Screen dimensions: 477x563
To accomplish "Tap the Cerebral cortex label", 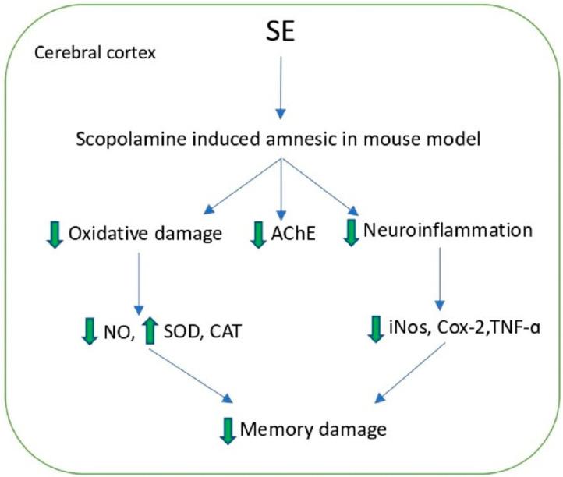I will [x=80, y=55].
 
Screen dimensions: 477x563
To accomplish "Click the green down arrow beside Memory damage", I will [x=228, y=429].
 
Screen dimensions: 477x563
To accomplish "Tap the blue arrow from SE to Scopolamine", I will [x=281, y=86].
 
